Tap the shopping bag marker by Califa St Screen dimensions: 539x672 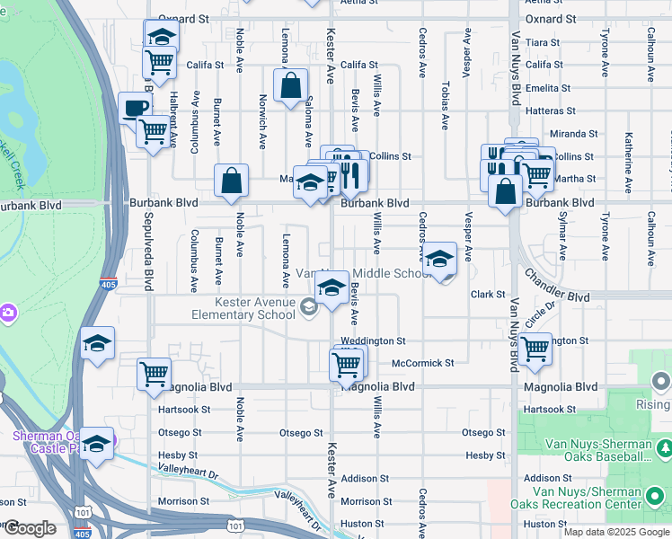[x=291, y=88]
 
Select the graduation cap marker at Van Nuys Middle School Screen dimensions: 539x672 [x=439, y=260]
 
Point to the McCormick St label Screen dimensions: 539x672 [x=423, y=364]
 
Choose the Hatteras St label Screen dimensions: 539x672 [x=550, y=110]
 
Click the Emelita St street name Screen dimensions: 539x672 [x=550, y=88]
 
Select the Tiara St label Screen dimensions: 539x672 [x=543, y=42]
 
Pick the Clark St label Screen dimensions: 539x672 [x=488, y=295]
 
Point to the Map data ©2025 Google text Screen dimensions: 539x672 [x=616, y=532]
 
